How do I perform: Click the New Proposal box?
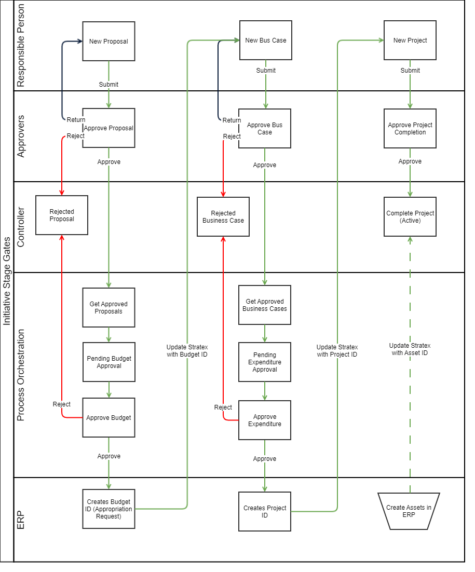[x=108, y=41]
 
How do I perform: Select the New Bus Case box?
[x=265, y=40]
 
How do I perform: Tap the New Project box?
[x=410, y=40]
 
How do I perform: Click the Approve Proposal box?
[x=108, y=128]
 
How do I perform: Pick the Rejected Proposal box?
[x=62, y=215]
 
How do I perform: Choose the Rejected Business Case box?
[x=223, y=217]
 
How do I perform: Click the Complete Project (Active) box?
[x=410, y=217]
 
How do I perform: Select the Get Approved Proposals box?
[x=108, y=308]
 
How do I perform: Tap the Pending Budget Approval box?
[x=108, y=362]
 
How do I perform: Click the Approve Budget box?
[x=108, y=418]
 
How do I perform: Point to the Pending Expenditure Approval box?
[x=265, y=362]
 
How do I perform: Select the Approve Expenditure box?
[x=265, y=420]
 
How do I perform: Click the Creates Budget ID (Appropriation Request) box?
[x=108, y=509]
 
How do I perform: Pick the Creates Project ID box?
[x=265, y=512]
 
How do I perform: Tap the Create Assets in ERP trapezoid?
[x=409, y=511]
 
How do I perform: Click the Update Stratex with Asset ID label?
[x=410, y=349]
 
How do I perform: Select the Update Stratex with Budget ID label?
[x=187, y=351]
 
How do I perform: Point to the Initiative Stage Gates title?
[x=7, y=280]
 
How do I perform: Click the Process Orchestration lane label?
[x=21, y=375]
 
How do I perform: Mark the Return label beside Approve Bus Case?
[x=232, y=120]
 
